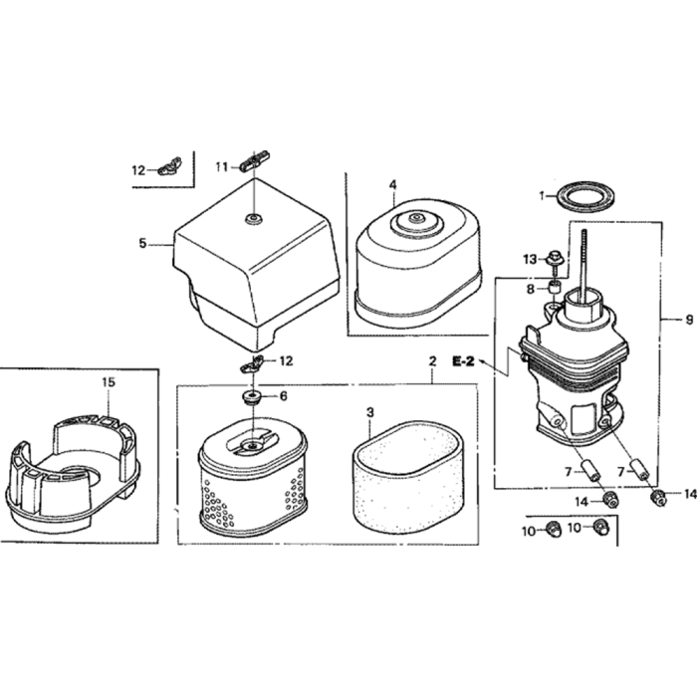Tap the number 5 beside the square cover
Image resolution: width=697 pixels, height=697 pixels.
[142, 243]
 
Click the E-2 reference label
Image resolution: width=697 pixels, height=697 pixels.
[464, 361]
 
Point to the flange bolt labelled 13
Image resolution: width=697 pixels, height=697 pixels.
[554, 260]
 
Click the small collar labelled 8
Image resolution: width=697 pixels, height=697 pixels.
[555, 287]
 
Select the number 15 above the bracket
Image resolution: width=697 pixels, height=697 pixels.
[108, 381]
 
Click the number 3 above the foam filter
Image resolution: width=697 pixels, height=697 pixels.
[370, 413]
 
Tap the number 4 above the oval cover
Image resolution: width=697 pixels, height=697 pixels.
[392, 185]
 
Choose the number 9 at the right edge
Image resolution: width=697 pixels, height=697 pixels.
[689, 320]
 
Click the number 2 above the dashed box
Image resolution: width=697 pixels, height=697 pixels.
[432, 361]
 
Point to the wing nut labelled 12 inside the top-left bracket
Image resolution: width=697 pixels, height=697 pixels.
[169, 166]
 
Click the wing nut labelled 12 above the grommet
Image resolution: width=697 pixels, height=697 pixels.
[251, 365]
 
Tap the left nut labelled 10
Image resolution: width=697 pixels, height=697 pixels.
[553, 529]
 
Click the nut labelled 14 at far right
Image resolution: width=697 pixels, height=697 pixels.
[659, 497]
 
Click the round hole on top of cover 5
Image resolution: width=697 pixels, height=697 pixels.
[254, 219]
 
